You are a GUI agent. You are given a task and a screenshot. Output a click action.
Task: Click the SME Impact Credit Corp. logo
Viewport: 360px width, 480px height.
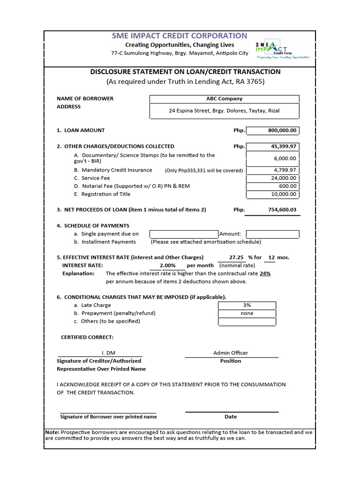coord(283,49)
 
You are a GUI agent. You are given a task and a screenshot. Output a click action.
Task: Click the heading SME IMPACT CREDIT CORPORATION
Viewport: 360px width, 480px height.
coord(179,36)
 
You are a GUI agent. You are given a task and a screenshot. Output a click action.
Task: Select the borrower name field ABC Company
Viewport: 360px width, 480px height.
coord(224,99)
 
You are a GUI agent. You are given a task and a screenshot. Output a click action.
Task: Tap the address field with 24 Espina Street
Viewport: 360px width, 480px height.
coord(224,111)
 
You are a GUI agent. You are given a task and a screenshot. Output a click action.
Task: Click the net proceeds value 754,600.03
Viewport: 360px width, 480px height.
coord(272,210)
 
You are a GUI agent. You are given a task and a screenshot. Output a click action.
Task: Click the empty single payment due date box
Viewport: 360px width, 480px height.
coord(184,234)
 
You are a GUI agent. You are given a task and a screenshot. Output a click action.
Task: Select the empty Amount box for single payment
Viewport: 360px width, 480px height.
coord(272,234)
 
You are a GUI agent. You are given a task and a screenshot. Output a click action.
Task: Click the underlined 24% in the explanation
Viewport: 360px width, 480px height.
coord(265,273)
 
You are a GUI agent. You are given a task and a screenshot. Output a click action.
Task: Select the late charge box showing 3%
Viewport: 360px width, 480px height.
coord(247,305)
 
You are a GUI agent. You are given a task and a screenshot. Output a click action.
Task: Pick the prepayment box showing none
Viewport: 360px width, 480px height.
coord(247,313)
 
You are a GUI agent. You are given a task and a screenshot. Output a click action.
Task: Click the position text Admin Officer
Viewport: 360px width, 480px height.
coord(231,353)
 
